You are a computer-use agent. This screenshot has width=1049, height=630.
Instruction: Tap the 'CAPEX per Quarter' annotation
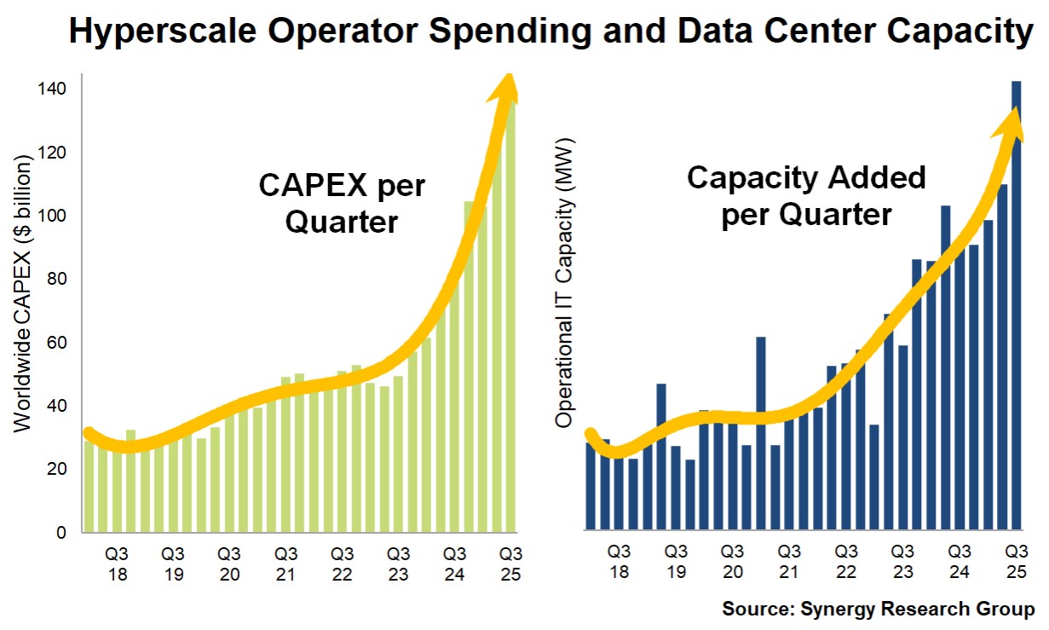click(342, 204)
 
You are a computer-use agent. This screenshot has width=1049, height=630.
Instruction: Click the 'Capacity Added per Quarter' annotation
click(806, 196)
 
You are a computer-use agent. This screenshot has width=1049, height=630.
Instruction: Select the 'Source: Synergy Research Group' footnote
click(879, 610)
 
